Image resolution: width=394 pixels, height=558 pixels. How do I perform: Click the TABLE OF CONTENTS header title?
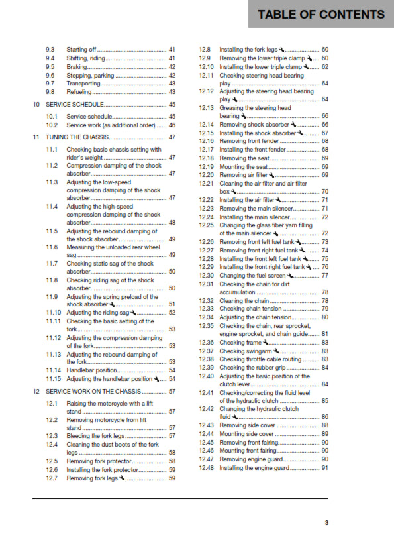pyautogui.click(x=320, y=14)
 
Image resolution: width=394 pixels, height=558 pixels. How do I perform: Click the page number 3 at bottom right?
pyautogui.click(x=326, y=523)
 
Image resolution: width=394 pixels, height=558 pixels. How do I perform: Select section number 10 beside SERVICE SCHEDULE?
pyautogui.click(x=36, y=105)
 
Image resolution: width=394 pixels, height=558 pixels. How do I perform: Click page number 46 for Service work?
pyautogui.click(x=172, y=125)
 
